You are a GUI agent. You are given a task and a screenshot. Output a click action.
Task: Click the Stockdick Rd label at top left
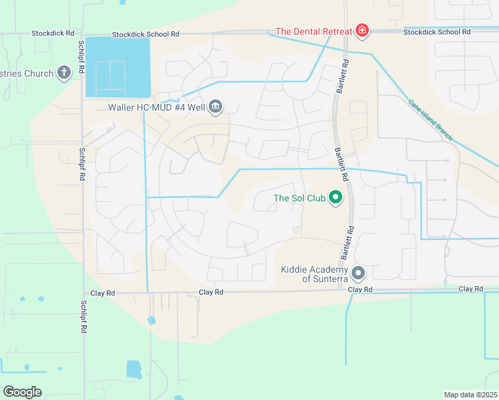point(53,33)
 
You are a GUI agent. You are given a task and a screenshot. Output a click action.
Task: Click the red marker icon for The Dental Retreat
point(362,31)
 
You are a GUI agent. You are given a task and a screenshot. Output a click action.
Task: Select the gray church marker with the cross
point(64,73)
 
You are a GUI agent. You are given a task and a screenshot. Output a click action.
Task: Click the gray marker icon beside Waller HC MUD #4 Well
point(215,106)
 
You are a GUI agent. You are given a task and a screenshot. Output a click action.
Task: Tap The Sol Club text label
point(299,198)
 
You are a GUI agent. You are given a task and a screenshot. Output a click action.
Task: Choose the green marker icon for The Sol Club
point(336,198)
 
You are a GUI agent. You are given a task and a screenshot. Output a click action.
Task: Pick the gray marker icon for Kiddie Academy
point(359,273)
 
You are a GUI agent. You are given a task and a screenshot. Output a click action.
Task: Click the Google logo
point(22,392)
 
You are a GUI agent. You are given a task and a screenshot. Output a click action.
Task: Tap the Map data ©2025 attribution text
point(470,395)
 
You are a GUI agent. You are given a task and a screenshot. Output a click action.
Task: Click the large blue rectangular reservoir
point(117,67)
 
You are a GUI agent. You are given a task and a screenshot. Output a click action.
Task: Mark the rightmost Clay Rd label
point(471,289)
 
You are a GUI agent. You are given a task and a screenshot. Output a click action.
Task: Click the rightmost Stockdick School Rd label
point(437,32)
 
